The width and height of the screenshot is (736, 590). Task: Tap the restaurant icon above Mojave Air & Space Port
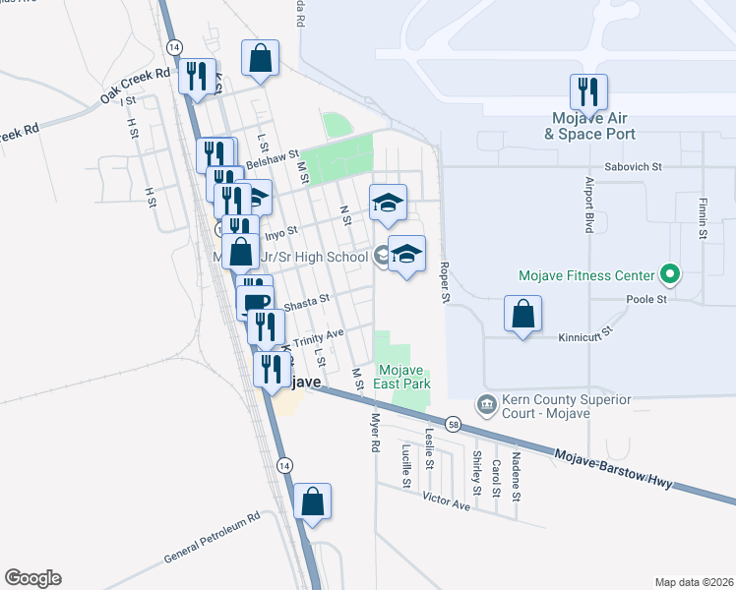coord(588,92)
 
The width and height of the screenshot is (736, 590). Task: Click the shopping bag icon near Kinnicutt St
coord(523,315)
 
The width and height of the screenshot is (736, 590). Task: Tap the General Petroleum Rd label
coord(212,537)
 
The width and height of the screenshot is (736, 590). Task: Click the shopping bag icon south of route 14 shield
coord(312,501)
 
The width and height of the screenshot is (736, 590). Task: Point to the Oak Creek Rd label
coord(135,86)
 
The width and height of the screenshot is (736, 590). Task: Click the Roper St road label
coord(445,281)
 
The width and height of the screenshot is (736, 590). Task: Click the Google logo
coord(32,578)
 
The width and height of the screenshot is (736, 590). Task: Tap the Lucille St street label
coord(406,466)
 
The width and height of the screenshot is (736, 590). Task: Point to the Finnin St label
coord(704,217)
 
